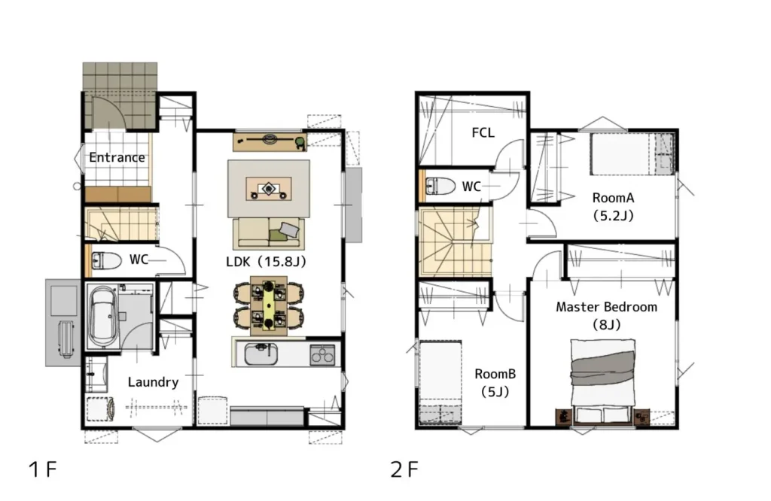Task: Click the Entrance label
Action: (x=117, y=158)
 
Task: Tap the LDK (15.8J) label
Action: (x=266, y=261)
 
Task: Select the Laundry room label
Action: (x=153, y=382)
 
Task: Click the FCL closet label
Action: (x=483, y=132)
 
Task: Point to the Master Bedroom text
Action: (x=606, y=307)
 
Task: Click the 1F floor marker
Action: (x=43, y=469)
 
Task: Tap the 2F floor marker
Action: (x=404, y=469)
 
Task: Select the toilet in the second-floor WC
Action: (x=440, y=186)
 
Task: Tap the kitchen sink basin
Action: (x=261, y=354)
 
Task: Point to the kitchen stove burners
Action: (x=322, y=354)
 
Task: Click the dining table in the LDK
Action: (x=269, y=305)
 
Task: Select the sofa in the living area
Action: (x=269, y=234)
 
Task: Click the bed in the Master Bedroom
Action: (x=603, y=381)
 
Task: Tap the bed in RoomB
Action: (x=440, y=383)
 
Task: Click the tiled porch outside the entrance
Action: (x=120, y=96)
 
